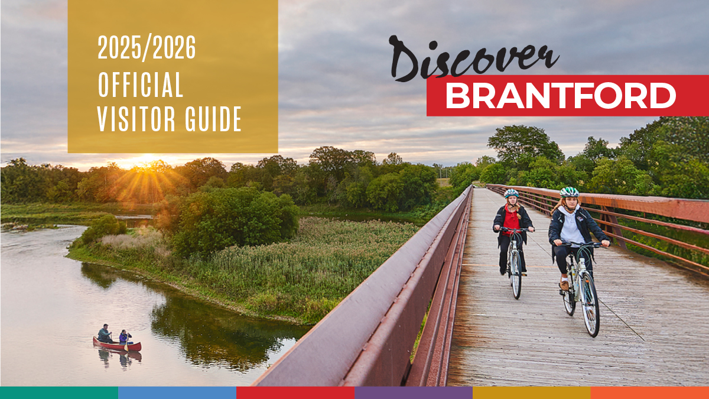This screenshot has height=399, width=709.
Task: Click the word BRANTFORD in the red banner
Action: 560,96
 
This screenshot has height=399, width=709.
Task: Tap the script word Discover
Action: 473,60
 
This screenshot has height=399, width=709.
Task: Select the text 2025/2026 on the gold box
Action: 147,48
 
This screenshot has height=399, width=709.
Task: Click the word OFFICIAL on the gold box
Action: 141,85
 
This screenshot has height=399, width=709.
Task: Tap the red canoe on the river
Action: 117,345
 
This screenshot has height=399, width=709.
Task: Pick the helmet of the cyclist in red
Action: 511,193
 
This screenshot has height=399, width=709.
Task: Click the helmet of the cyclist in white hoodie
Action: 569,192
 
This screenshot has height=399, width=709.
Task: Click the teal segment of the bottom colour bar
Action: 59,392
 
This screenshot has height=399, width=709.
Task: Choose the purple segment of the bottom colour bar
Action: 414,392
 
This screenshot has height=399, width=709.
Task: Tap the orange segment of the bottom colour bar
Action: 650,392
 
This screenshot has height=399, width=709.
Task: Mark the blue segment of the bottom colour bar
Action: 177,392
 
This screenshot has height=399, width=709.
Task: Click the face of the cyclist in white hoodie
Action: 569,203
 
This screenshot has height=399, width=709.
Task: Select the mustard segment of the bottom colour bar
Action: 532,392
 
